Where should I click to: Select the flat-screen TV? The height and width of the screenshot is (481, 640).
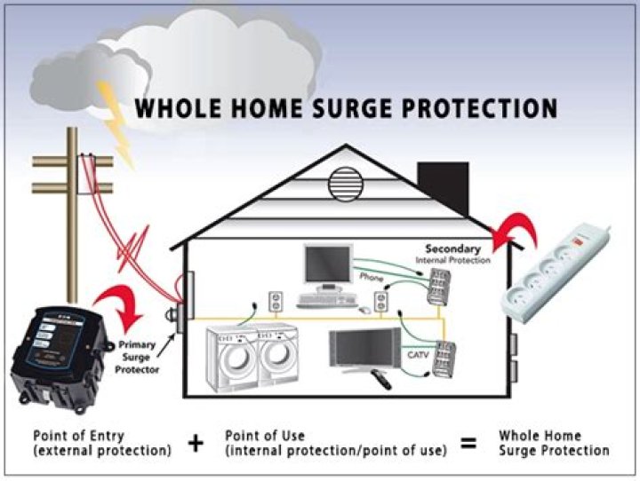tap(364, 348)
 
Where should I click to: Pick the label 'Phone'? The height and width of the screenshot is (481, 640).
tap(371, 278)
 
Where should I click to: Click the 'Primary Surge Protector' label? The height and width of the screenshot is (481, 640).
tap(138, 352)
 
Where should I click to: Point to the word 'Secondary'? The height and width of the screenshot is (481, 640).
tap(452, 248)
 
